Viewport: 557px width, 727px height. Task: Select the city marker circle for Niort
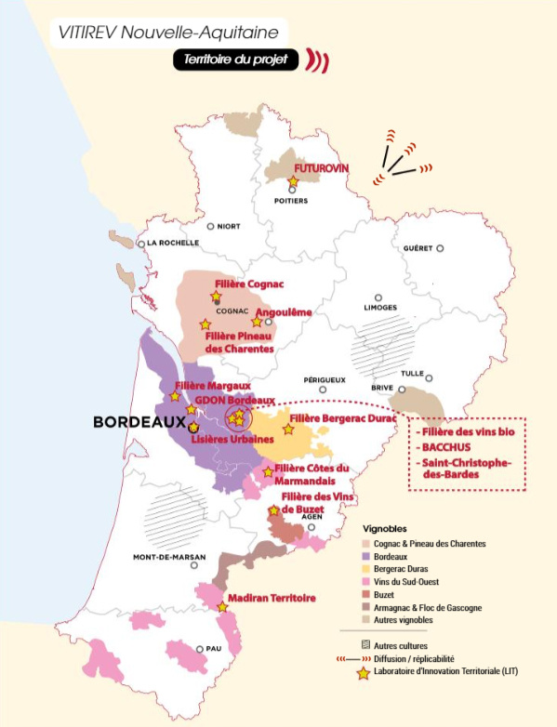(x=211, y=226)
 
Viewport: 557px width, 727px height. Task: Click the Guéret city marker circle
(x=440, y=248)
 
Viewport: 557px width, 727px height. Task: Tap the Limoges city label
(x=379, y=308)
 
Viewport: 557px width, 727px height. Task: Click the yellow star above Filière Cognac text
(x=216, y=297)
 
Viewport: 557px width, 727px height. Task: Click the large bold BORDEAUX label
(x=139, y=422)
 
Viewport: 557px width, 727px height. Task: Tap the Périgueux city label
(x=325, y=380)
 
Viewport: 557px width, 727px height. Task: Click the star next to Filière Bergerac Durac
(x=288, y=430)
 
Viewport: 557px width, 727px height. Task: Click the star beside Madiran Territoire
(x=222, y=607)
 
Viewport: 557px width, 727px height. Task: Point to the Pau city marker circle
(x=200, y=649)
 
